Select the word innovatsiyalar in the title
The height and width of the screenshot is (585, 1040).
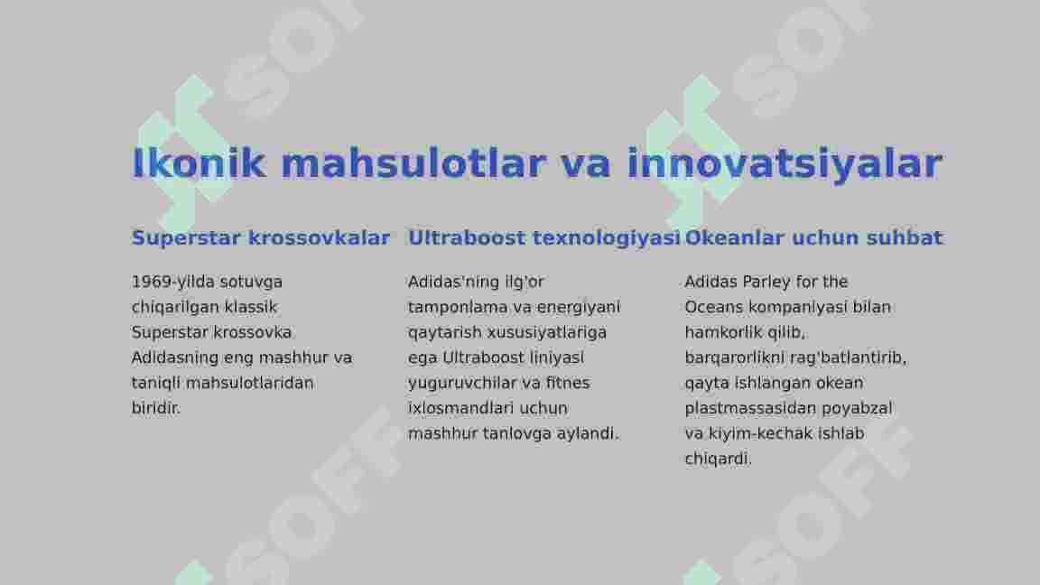[x=785, y=164]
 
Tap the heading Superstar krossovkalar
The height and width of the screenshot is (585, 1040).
[x=261, y=237]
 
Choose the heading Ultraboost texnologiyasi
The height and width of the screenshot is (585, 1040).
[x=543, y=237]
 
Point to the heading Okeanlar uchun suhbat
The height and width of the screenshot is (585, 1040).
[x=813, y=237]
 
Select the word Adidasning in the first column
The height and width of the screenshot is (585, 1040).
[x=175, y=358]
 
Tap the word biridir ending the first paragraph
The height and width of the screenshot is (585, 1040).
[x=156, y=408]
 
